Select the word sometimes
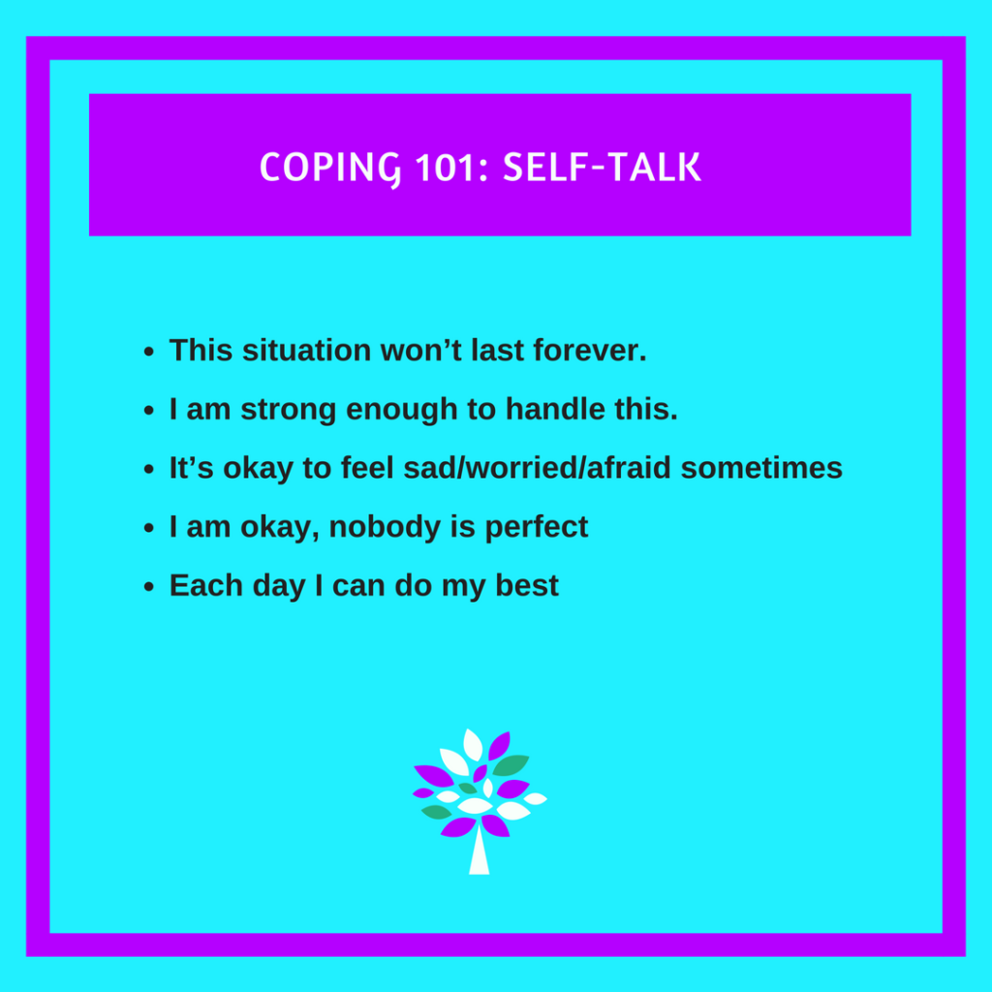pos(761,468)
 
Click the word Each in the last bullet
pos(200,586)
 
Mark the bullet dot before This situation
pos(148,352)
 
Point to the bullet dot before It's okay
pos(148,470)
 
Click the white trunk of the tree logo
pos(479,852)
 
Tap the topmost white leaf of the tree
pos(473,744)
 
